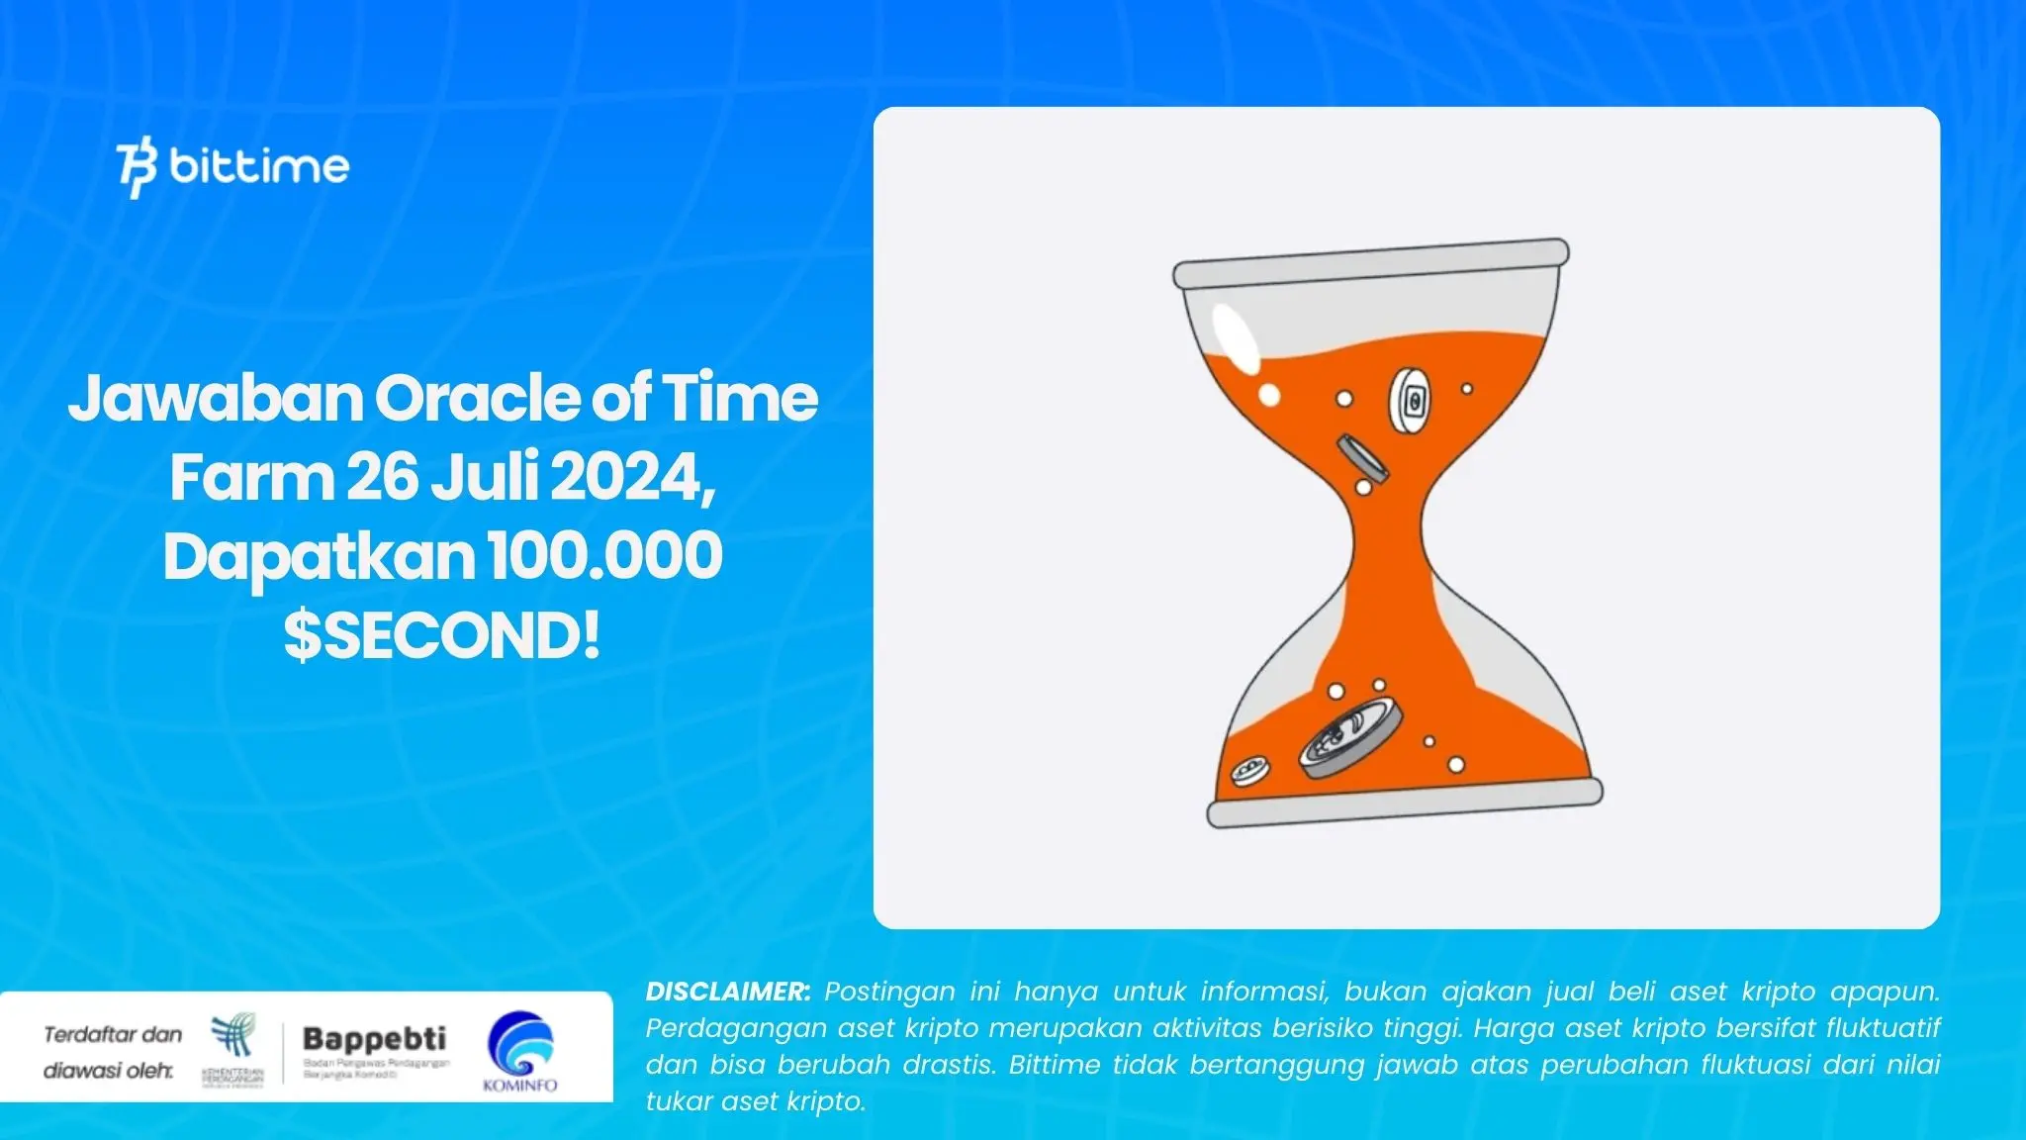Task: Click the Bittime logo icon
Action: [x=137, y=169]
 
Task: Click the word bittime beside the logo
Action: [x=259, y=165]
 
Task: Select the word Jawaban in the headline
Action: [x=216, y=398]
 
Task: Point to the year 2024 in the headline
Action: [x=630, y=477]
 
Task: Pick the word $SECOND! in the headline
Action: [x=441, y=635]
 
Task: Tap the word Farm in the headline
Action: [x=251, y=477]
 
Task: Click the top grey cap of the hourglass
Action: [x=1370, y=263]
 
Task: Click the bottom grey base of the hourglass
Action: [x=1404, y=803]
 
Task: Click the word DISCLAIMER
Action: [x=727, y=992]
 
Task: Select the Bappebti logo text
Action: [x=374, y=1038]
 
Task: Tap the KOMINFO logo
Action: [x=520, y=1051]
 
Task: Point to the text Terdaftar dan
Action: [x=113, y=1035]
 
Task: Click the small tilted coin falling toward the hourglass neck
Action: [x=1361, y=456]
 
